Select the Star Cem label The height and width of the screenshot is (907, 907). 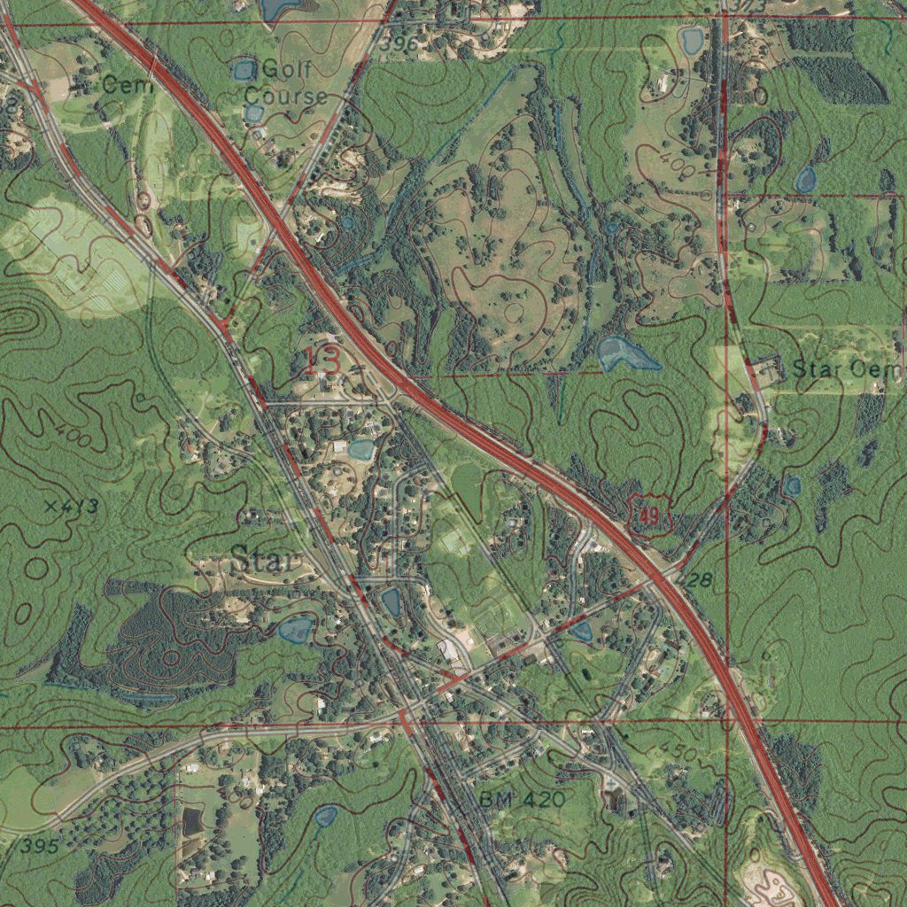(x=846, y=369)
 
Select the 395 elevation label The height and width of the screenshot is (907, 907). (x=40, y=846)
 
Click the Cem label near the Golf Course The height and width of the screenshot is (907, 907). (x=128, y=86)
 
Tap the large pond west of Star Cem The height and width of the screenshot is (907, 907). (x=624, y=353)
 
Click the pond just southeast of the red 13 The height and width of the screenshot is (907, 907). (x=360, y=449)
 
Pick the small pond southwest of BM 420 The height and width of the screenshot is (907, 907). (x=327, y=815)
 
